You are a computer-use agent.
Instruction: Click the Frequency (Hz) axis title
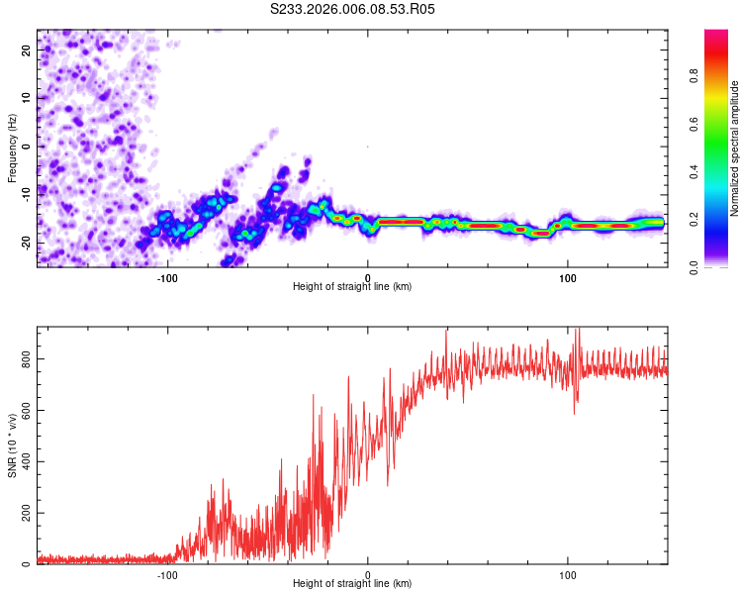[x=12, y=147]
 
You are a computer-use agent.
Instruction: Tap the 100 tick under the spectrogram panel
[x=568, y=278]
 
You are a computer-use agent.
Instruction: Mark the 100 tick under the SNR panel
[x=568, y=575]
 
